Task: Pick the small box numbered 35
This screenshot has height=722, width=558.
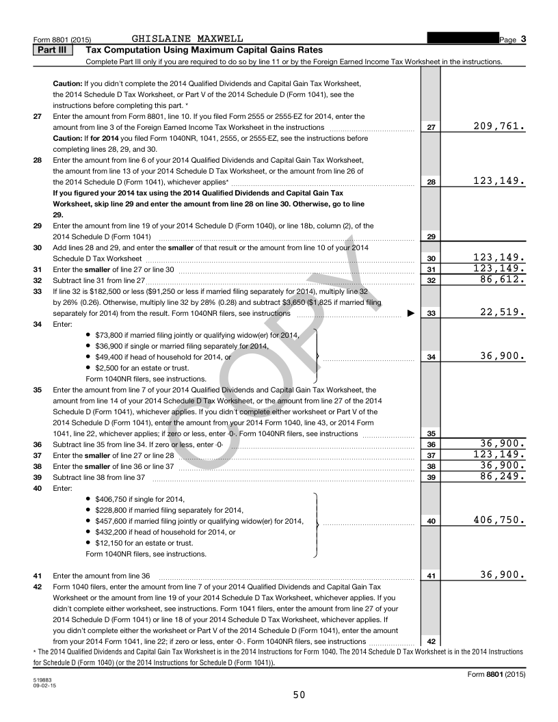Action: [431, 433]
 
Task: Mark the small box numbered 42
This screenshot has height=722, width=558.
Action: [431, 641]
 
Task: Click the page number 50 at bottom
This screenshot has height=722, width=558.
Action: [299, 695]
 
